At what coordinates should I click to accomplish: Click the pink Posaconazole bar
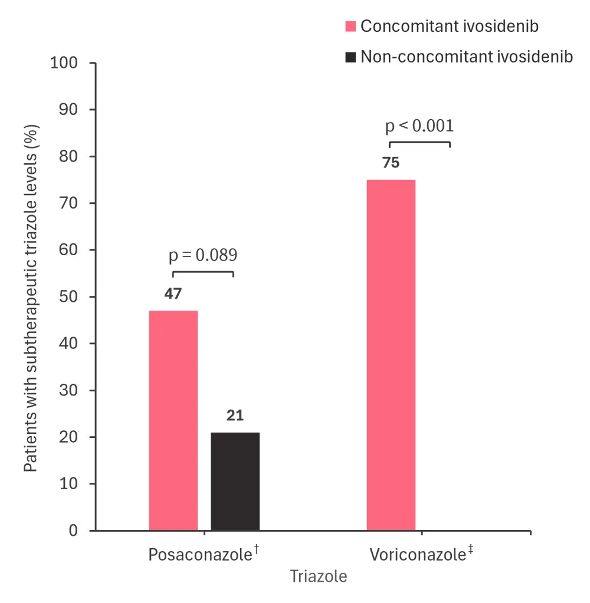click(x=173, y=420)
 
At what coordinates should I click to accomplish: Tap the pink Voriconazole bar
click(x=391, y=355)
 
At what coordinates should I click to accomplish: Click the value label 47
click(x=172, y=294)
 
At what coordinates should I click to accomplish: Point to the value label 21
click(x=235, y=416)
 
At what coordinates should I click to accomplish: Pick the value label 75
click(x=391, y=163)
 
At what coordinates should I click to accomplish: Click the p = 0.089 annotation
click(x=203, y=255)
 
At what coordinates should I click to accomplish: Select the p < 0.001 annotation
click(x=419, y=126)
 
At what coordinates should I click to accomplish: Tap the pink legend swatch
click(x=350, y=27)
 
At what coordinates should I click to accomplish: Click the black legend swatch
click(x=350, y=57)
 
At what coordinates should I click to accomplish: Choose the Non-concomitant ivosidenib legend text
click(x=467, y=57)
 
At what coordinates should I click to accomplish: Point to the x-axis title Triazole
click(x=319, y=576)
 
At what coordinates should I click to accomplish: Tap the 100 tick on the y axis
click(x=65, y=63)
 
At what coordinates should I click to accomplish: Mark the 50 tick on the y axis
click(x=71, y=296)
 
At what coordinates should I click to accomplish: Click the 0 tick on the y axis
click(x=74, y=530)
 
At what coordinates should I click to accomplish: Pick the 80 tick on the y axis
click(x=71, y=156)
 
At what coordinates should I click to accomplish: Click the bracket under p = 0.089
click(x=203, y=272)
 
